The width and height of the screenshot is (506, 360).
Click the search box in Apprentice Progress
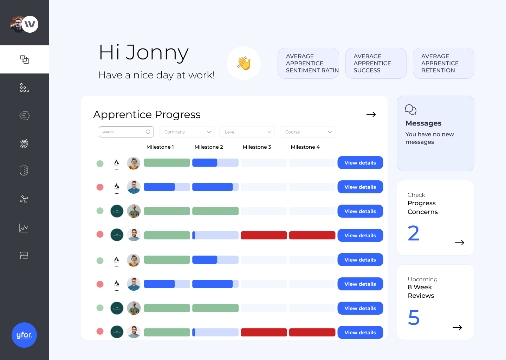click(126, 132)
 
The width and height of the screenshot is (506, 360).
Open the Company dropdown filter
click(187, 132)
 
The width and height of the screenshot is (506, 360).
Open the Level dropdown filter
click(247, 132)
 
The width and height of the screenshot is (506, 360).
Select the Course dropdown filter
click(307, 132)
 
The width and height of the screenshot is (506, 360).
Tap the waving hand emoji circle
click(244, 63)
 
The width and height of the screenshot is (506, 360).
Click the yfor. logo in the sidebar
click(24, 335)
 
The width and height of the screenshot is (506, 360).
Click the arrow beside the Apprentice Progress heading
click(371, 115)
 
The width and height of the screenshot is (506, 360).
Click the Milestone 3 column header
click(257, 147)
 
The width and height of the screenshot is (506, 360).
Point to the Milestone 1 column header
click(160, 147)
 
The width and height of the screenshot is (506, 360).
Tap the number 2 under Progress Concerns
click(414, 233)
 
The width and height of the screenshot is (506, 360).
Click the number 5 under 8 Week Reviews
click(414, 318)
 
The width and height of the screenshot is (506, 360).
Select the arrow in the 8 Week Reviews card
click(457, 328)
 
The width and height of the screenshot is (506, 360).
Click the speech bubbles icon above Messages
click(410, 110)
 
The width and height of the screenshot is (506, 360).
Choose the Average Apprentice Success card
click(376, 63)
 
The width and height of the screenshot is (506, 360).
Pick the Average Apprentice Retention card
click(443, 63)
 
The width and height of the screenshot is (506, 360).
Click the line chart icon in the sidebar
click(24, 228)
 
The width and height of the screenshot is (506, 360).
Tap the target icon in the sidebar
click(24, 143)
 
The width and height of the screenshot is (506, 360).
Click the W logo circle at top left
click(30, 24)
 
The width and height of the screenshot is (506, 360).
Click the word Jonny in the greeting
click(157, 53)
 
